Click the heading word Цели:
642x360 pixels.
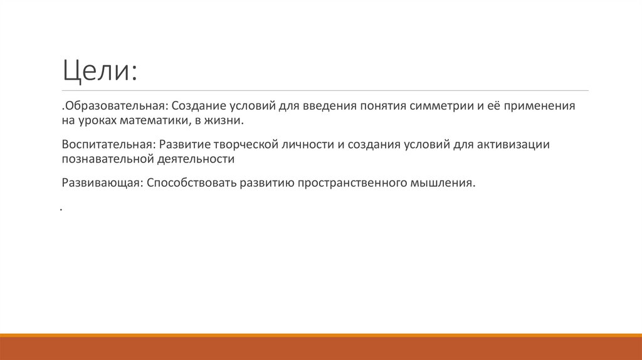pos(99,70)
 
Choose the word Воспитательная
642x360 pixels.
pos(108,144)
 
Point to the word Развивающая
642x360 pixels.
pos(102,183)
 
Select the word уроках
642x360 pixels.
pos(95,120)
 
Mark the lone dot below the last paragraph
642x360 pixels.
pos(63,209)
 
